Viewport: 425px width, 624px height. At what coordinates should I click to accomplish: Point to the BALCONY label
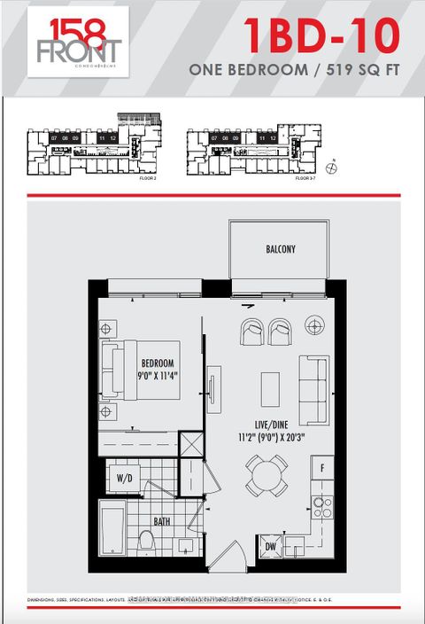coord(281,250)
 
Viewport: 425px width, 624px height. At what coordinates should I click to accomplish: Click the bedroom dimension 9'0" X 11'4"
coord(158,376)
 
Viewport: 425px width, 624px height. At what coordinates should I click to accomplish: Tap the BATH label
coord(162,521)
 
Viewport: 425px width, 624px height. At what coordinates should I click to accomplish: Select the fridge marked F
coord(321,468)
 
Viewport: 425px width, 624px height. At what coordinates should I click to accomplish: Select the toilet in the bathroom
coord(148,539)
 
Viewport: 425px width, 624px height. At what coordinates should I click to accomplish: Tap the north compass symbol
coord(331,166)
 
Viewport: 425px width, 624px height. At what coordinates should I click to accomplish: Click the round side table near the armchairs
coord(314,325)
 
